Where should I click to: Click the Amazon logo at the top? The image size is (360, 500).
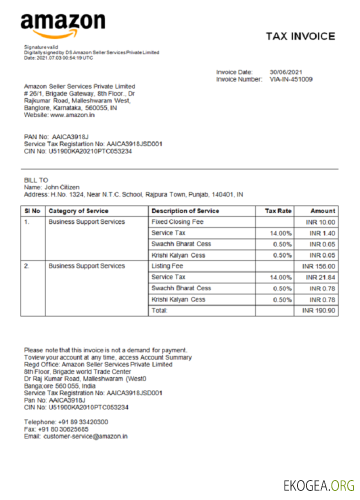click(62, 25)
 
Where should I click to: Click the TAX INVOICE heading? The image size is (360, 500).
click(300, 36)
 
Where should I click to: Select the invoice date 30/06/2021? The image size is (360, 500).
click(286, 72)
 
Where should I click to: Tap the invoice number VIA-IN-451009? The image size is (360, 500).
click(291, 79)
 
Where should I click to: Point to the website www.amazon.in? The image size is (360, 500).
click(72, 115)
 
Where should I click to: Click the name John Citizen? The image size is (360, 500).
click(62, 187)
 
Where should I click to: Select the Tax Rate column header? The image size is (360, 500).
click(278, 211)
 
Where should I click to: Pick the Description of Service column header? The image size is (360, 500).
click(185, 211)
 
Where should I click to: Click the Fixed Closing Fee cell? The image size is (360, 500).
click(177, 222)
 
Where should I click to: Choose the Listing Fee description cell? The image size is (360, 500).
click(167, 266)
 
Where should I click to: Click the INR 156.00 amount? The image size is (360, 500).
click(319, 266)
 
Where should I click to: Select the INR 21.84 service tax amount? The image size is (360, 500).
click(320, 277)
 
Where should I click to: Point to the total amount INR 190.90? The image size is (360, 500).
click(319, 311)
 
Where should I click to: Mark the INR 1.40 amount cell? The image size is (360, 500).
click(322, 233)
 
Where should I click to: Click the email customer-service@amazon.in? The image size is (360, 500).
click(85, 436)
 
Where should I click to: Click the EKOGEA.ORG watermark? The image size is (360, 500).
click(319, 485)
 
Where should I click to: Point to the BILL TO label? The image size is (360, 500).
click(36, 180)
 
